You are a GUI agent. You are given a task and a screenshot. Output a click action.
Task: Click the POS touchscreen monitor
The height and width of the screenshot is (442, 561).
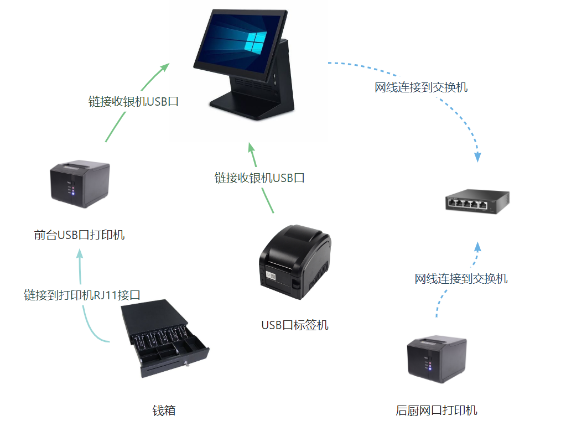tap(241, 42)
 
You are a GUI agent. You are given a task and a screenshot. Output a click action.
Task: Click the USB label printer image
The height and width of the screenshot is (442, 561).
tap(294, 261)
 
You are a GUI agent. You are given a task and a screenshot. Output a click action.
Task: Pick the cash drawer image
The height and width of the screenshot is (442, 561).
tap(165, 338)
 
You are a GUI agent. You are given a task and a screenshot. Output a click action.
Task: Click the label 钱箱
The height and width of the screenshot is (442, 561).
tap(164, 410)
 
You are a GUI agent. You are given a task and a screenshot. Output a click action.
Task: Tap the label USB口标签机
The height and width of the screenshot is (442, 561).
tap(294, 325)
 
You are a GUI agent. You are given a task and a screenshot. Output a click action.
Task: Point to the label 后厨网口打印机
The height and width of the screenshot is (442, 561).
tap(436, 410)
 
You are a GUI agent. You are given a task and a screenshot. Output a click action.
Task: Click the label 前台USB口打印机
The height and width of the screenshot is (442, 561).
tap(79, 235)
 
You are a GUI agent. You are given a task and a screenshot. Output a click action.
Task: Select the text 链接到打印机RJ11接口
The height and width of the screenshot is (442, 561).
tap(82, 295)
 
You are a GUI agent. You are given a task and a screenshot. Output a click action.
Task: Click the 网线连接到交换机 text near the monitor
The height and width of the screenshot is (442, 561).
tap(421, 87)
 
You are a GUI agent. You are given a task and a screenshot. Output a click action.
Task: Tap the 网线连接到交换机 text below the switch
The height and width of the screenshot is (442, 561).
tap(461, 278)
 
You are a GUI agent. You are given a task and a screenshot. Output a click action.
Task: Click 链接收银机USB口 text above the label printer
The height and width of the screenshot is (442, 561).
tap(259, 178)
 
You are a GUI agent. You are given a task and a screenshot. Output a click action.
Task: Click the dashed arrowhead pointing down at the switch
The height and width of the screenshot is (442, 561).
tap(477, 157)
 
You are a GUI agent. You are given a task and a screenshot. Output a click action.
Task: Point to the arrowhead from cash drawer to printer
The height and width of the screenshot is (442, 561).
tap(80, 254)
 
